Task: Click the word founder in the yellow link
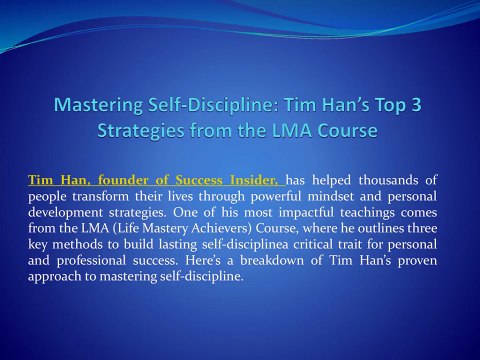pyautogui.click(x=131, y=180)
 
